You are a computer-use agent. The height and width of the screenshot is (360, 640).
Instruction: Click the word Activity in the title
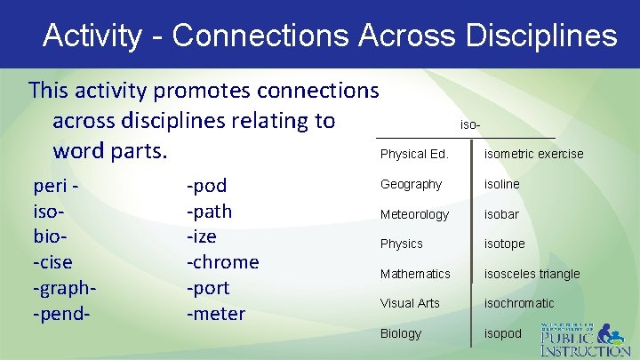(x=92, y=36)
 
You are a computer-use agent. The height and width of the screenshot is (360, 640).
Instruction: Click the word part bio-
(x=50, y=237)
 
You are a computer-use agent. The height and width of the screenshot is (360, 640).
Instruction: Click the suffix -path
(x=209, y=212)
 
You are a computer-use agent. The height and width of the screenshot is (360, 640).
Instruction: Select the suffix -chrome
(x=222, y=263)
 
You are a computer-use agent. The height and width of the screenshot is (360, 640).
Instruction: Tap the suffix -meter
(x=216, y=314)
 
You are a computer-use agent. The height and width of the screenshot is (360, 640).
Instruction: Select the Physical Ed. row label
(x=414, y=155)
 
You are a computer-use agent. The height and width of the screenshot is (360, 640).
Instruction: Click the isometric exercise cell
(x=533, y=155)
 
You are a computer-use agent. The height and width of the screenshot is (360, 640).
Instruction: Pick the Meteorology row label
(x=414, y=214)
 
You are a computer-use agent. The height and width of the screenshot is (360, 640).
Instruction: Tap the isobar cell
(x=501, y=214)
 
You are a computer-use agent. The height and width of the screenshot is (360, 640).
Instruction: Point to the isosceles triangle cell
(x=532, y=274)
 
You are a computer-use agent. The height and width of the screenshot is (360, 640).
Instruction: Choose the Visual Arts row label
(x=410, y=303)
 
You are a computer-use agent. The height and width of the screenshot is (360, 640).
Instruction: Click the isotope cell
(x=504, y=244)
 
